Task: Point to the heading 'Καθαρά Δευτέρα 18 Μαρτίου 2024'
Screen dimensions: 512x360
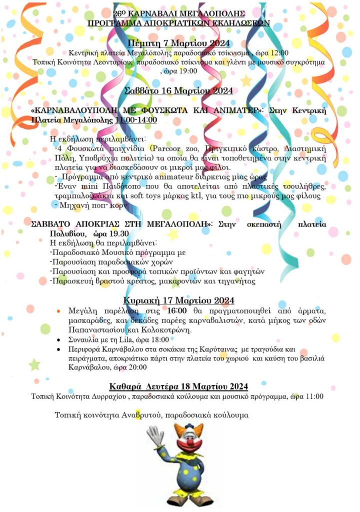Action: click(178, 386)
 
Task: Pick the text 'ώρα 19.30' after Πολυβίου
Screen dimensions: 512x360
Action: click(107, 233)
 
